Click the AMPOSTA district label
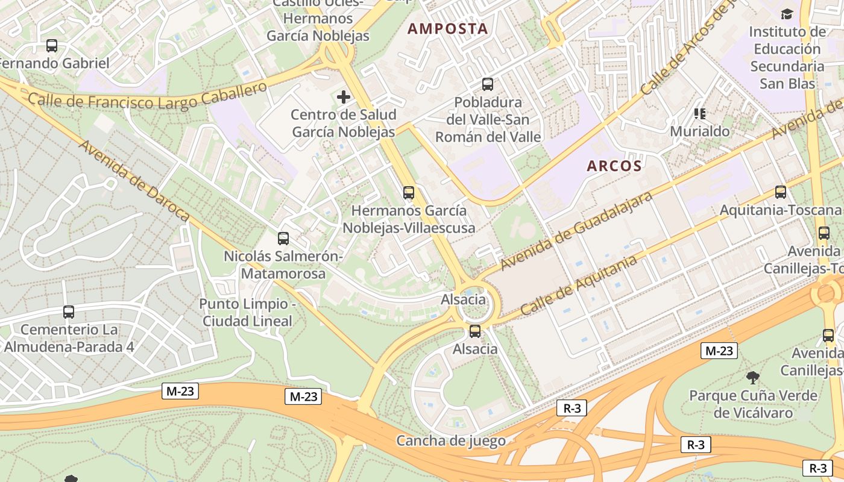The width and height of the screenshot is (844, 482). pyautogui.click(x=448, y=28)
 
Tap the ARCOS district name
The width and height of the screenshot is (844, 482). pyautogui.click(x=614, y=166)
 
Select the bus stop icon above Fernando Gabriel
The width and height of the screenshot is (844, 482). pyautogui.click(x=52, y=45)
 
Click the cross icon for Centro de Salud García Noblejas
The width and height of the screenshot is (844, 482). pyautogui.click(x=344, y=96)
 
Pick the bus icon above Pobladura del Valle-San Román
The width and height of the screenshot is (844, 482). pyautogui.click(x=488, y=84)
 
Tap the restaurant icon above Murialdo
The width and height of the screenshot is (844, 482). pyautogui.click(x=700, y=113)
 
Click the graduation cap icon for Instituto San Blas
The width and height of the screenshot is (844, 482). pyautogui.click(x=787, y=14)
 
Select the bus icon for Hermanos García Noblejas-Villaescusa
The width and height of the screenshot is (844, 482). pyautogui.click(x=409, y=193)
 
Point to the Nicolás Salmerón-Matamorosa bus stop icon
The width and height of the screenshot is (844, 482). pyautogui.click(x=283, y=238)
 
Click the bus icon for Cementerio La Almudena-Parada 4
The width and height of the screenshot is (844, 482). pyautogui.click(x=69, y=312)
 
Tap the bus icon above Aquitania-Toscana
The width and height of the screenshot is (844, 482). pyautogui.click(x=781, y=192)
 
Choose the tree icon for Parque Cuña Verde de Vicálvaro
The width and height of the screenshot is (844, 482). pyautogui.click(x=752, y=378)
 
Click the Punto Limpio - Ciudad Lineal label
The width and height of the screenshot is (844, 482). pyautogui.click(x=247, y=312)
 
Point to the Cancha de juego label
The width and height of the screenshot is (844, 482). pyautogui.click(x=451, y=440)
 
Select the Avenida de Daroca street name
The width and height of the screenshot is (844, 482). pyautogui.click(x=134, y=181)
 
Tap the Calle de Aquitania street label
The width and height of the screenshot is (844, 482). pyautogui.click(x=578, y=285)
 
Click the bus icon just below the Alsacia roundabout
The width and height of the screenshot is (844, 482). pyautogui.click(x=475, y=331)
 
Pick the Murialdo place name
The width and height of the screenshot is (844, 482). pyautogui.click(x=700, y=131)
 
